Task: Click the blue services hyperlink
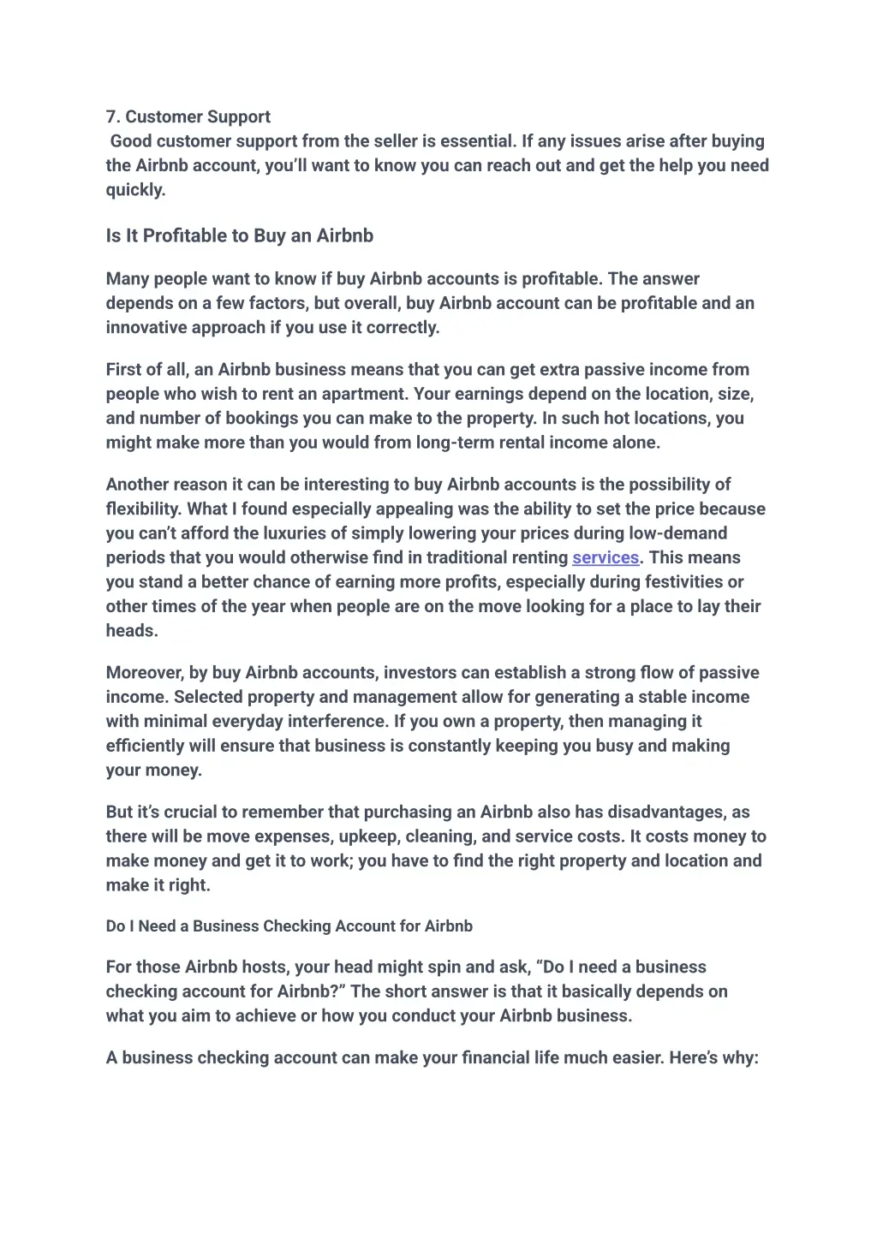tap(606, 557)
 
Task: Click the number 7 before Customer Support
tap(111, 116)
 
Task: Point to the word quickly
tap(134, 189)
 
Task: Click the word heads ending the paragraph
tap(130, 630)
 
